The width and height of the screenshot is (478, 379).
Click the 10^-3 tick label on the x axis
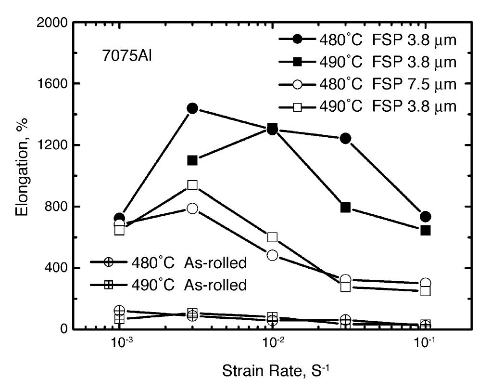(x=120, y=343)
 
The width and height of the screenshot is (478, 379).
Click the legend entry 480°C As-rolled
(x=168, y=262)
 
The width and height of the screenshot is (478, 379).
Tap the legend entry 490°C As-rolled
(x=168, y=285)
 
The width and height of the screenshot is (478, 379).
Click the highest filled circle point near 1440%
(x=192, y=108)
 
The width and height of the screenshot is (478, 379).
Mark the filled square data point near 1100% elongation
(x=192, y=160)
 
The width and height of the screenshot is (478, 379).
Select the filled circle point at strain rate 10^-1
(x=425, y=217)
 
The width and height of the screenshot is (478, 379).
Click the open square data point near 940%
(x=192, y=185)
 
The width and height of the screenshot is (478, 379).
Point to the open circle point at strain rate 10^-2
(x=272, y=255)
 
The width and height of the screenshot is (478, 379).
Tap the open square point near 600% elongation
(x=272, y=237)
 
